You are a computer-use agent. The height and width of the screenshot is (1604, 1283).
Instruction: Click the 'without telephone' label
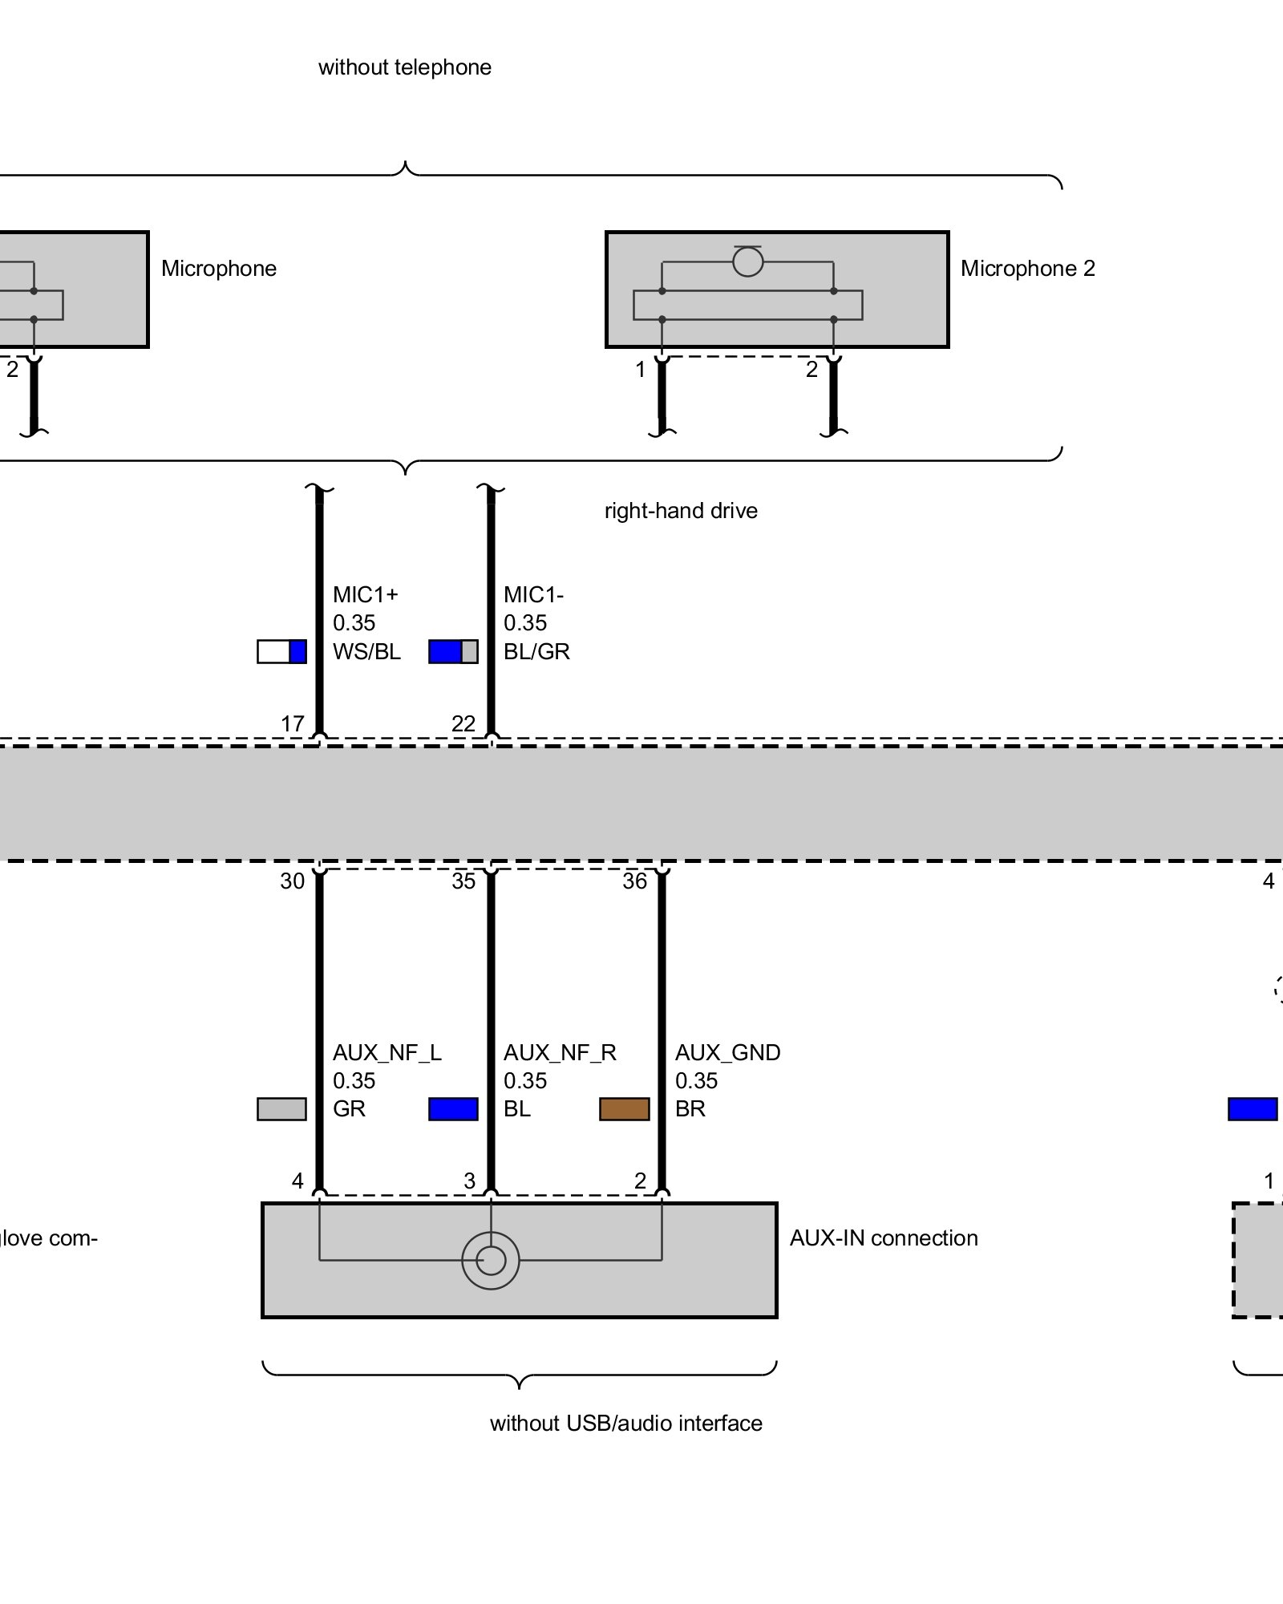coord(404,67)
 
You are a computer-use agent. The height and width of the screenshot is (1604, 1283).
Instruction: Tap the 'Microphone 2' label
coord(1027,269)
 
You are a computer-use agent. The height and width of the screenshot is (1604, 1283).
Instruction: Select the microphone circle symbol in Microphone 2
coord(747,261)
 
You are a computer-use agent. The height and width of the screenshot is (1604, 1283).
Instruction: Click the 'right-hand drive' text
coord(681,511)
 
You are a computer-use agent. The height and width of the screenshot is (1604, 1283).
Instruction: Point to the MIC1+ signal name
coord(366,595)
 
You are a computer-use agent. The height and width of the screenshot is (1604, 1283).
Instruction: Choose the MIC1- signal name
coord(533,595)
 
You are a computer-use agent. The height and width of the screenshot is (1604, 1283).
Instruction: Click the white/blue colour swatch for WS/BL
coord(281,651)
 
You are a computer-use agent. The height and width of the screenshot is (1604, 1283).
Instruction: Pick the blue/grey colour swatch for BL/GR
coord(453,651)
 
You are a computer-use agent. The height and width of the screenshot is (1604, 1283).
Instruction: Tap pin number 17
coord(293,723)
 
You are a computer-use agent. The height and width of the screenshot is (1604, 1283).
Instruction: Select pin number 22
coord(463,723)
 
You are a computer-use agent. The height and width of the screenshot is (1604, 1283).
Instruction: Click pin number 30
coord(293,881)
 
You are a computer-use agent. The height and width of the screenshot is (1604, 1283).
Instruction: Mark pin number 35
coord(463,881)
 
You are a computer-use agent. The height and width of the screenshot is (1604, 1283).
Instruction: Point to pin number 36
coord(634,881)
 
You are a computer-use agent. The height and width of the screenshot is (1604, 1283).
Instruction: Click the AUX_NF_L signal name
coord(387,1052)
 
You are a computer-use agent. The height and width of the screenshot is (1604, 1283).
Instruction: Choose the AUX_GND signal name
coord(727,1052)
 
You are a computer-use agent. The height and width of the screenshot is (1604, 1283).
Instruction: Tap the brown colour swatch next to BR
coord(624,1109)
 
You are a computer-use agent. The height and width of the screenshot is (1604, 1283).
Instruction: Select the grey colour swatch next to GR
coord(281,1109)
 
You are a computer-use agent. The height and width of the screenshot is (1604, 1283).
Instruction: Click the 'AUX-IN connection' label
coord(884,1238)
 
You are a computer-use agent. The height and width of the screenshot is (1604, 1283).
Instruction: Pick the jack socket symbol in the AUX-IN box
coord(491,1261)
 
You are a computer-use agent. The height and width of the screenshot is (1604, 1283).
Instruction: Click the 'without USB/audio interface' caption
coord(625,1423)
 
